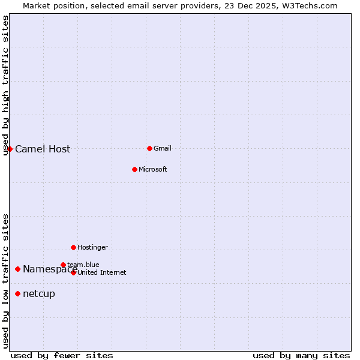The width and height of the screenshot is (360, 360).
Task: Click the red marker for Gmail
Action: [x=149, y=148]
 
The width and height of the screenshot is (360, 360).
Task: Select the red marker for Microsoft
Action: [x=134, y=169]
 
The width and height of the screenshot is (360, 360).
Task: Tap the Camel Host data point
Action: [x=10, y=149]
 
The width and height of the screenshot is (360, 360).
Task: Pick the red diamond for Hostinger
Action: [x=73, y=247]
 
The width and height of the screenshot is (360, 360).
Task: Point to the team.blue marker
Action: [x=63, y=265]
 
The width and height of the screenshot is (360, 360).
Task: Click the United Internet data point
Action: [x=73, y=272]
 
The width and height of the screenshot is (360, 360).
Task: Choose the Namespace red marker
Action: [x=18, y=269]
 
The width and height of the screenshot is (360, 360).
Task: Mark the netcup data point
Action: [x=18, y=293]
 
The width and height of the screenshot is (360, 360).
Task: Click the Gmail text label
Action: [x=163, y=148]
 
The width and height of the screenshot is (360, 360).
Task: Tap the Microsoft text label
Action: [x=152, y=169]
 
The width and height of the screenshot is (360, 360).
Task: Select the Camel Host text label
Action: [x=43, y=149]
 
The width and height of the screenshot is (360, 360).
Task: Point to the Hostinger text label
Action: [x=92, y=247]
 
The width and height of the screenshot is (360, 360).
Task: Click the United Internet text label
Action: [x=101, y=272]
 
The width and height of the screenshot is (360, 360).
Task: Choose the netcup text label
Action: [x=38, y=293]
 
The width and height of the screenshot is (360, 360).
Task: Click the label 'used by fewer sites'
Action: [x=62, y=355]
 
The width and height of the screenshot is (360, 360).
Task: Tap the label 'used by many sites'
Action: [x=301, y=355]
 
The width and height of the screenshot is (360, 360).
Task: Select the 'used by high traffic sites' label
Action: [x=5, y=85]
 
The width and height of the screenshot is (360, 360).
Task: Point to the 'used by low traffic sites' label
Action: [x=5, y=281]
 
